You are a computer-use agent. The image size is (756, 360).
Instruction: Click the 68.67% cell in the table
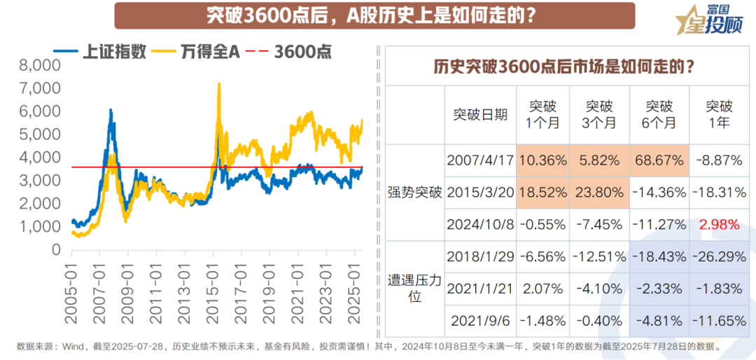[x=659, y=160]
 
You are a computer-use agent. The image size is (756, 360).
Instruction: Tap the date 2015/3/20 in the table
[x=479, y=193]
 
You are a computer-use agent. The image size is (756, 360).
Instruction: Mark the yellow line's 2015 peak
[x=219, y=84]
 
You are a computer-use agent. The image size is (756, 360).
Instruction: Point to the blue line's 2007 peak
[x=111, y=110]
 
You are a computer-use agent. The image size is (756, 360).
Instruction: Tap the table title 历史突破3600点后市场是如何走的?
[x=563, y=67]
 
